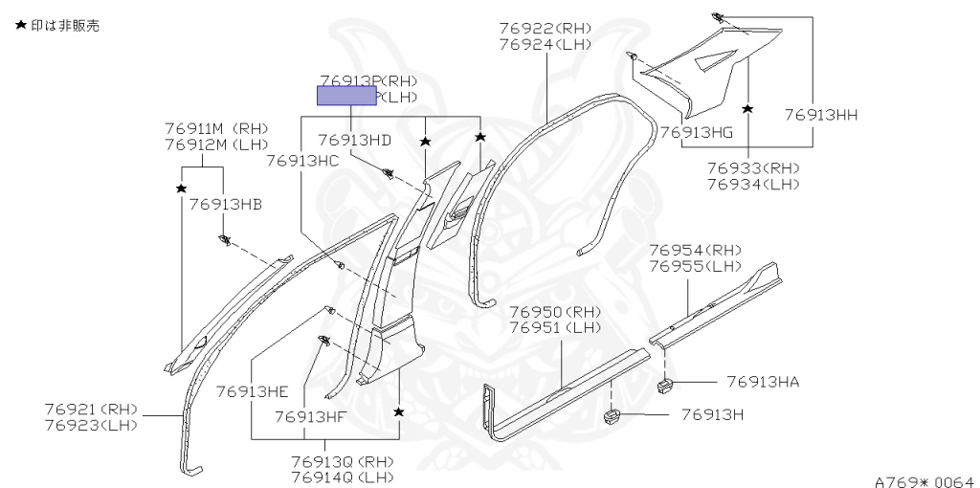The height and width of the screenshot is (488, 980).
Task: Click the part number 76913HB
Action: tap(225, 204)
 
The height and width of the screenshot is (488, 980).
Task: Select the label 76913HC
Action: tap(302, 161)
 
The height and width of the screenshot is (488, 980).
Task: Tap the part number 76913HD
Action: tap(354, 140)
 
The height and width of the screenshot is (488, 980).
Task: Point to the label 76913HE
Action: tap(252, 390)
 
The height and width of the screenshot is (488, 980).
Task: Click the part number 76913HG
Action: tap(695, 132)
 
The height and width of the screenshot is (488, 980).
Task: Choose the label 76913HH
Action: tap(820, 114)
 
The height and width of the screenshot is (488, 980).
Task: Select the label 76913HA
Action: tap(762, 382)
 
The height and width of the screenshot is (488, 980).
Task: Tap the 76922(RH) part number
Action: tap(545, 28)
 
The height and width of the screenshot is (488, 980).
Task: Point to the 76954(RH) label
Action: tap(696, 250)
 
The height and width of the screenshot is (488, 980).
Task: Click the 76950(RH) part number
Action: tap(554, 312)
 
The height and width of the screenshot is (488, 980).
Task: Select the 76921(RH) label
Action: tap(91, 410)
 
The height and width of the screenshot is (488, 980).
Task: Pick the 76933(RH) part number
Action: tap(753, 167)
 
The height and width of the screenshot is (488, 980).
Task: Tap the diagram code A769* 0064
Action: tap(924, 481)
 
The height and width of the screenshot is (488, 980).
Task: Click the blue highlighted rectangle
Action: tap(347, 96)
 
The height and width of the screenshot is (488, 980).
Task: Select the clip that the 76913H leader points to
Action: tap(612, 416)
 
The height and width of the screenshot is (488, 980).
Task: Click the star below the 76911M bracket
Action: tap(181, 189)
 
